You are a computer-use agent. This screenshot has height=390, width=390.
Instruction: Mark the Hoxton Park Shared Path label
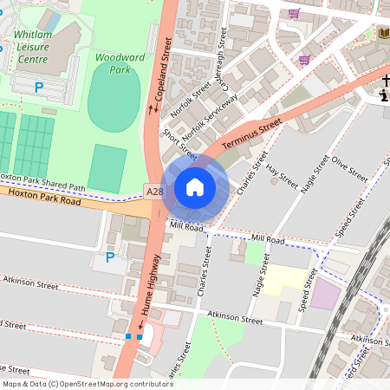pos(43,181)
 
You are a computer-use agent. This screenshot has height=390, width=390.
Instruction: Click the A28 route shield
pos(154,191)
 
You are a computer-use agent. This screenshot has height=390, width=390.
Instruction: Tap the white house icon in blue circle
pos(195,187)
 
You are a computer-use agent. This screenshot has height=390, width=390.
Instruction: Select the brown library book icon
pos(383,33)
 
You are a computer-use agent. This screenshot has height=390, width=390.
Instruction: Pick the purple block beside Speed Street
pos(326,293)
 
